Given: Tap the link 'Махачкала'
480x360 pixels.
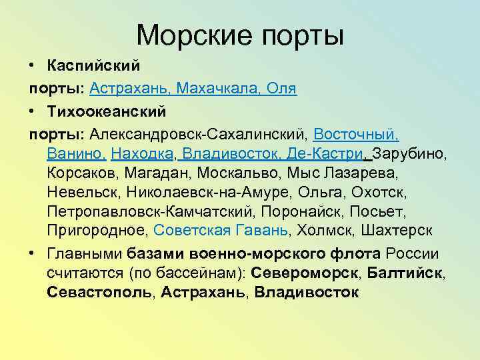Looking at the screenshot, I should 218,88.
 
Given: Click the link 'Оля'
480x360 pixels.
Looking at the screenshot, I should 283,88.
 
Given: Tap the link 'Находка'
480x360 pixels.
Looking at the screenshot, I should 143,155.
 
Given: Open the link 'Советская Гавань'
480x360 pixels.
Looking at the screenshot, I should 221,231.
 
